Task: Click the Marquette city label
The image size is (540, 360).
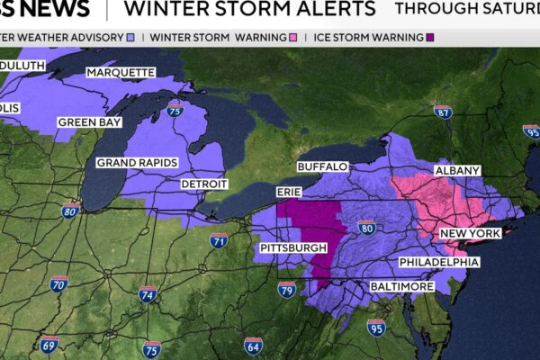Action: click(x=119, y=72)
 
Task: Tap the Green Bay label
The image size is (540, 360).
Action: click(x=89, y=121)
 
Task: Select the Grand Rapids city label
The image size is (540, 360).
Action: click(x=137, y=163)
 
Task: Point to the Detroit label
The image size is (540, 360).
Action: click(x=203, y=184)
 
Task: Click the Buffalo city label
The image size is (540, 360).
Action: click(x=322, y=167)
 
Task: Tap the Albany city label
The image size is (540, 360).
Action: click(x=457, y=170)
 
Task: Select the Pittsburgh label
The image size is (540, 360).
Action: click(x=293, y=247)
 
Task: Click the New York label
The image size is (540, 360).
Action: click(x=469, y=234)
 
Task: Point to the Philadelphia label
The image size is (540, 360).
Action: click(x=439, y=262)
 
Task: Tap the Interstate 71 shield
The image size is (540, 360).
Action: click(x=219, y=240)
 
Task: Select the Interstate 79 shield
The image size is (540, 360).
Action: click(x=286, y=289)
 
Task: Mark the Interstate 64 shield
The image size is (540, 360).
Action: click(x=253, y=345)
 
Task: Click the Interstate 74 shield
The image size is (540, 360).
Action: click(x=148, y=294)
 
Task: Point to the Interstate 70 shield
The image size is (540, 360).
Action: click(x=59, y=284)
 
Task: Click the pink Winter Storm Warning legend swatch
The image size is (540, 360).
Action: click(x=293, y=38)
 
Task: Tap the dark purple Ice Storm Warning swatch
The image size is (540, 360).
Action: click(x=429, y=38)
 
